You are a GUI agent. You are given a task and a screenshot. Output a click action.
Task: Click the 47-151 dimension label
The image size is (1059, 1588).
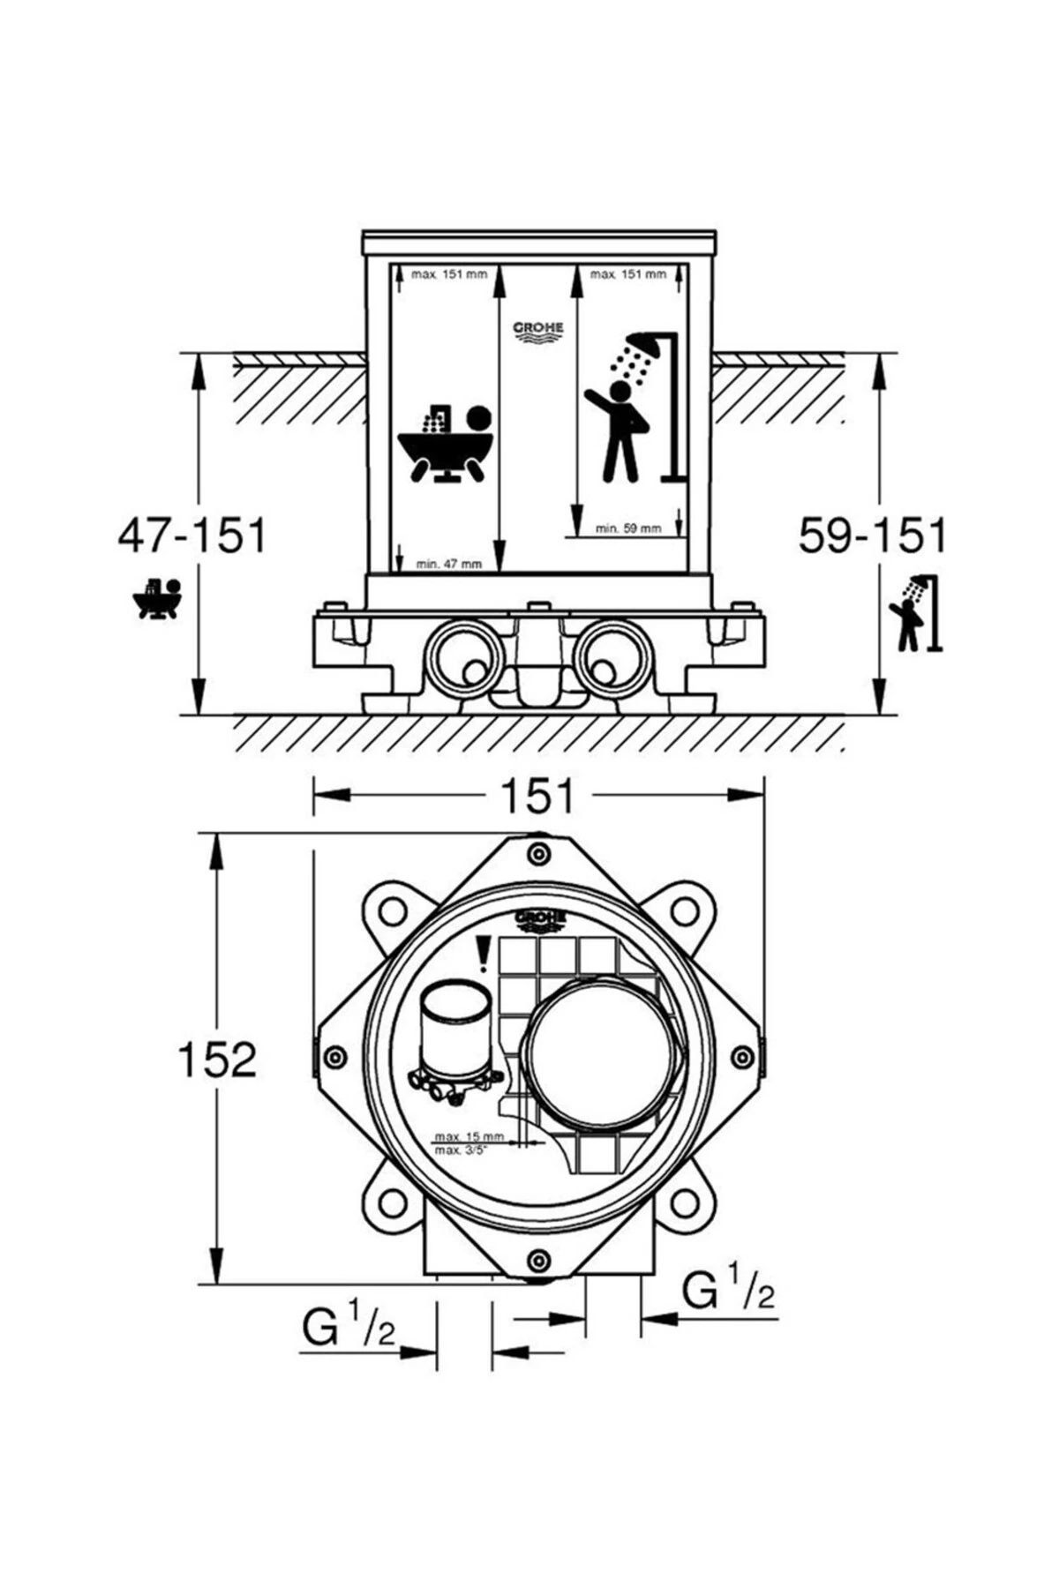192,536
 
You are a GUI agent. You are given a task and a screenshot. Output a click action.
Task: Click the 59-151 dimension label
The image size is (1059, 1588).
872,536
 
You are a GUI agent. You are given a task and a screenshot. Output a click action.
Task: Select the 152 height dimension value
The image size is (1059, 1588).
217,1059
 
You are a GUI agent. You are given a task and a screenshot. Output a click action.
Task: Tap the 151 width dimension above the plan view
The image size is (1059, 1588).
538,796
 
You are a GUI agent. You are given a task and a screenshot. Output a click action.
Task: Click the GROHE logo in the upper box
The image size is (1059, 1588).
538,331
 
